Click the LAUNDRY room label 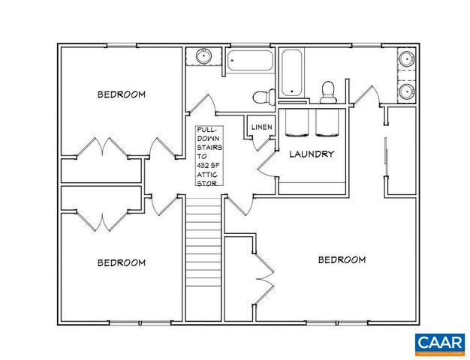tap(312, 154)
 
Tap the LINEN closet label tap(261, 127)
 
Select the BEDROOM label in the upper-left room tap(121, 94)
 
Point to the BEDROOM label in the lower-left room tap(121, 262)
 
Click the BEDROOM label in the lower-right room tap(342, 259)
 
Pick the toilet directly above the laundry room tap(327, 91)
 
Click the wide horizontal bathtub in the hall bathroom tap(251, 60)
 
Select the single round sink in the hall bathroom tap(203, 57)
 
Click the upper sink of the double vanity tap(405, 58)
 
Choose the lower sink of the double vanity tap(405, 92)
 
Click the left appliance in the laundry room tap(297, 124)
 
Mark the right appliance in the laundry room tap(328, 124)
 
